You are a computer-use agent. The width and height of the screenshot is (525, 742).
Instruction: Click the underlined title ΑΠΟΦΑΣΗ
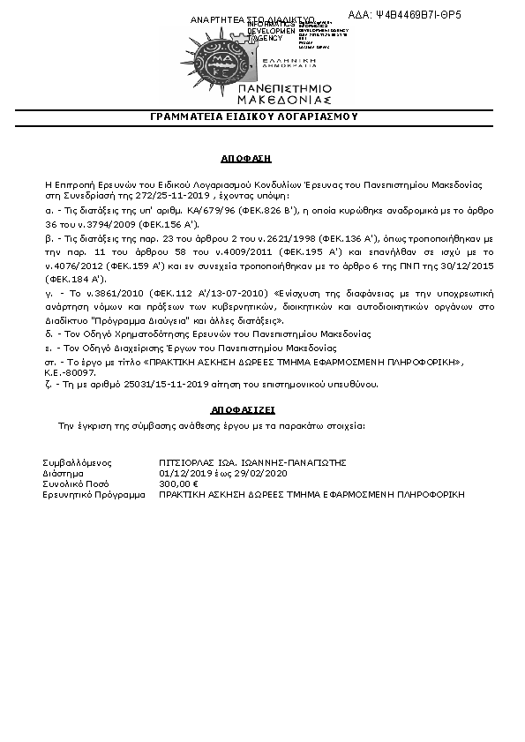tap(245, 158)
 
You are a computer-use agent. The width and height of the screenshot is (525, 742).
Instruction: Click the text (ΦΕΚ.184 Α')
tap(75, 277)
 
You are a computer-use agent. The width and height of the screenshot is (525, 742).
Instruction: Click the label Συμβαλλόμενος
tap(78, 461)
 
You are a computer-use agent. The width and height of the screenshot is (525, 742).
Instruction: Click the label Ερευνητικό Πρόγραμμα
tap(94, 495)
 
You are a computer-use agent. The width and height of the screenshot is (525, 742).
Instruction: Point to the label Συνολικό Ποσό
tap(76, 483)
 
